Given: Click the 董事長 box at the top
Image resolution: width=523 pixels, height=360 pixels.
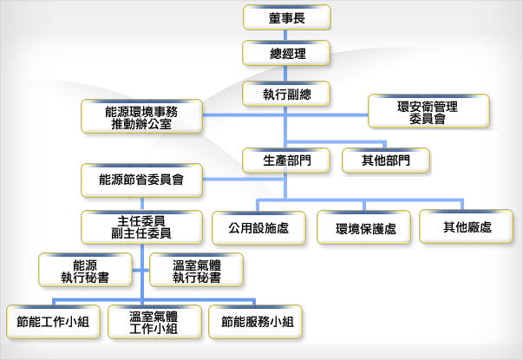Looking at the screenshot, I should tap(287, 16).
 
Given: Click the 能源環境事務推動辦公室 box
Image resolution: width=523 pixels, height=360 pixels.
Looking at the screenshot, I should tap(141, 116).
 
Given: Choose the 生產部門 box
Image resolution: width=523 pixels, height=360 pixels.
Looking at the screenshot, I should tap(287, 160).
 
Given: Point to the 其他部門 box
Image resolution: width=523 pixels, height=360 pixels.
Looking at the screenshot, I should tap(387, 160).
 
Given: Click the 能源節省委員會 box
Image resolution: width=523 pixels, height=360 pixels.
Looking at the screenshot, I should tap(141, 180).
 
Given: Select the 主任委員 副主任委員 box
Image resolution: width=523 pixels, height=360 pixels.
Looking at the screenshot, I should tap(141, 226).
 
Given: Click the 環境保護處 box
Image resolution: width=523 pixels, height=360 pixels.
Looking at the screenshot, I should tap(365, 227).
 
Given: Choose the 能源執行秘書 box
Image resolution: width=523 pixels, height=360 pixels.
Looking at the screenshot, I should tap(85, 270).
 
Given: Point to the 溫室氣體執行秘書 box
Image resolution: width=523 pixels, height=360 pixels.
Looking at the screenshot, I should tap(196, 270).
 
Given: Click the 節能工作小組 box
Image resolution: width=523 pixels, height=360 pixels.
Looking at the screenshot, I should tap(53, 322).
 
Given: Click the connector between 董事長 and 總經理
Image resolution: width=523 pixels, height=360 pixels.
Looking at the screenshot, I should tap(287, 35).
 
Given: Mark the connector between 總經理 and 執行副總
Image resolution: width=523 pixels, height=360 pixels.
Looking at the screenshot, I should tap(287, 72).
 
